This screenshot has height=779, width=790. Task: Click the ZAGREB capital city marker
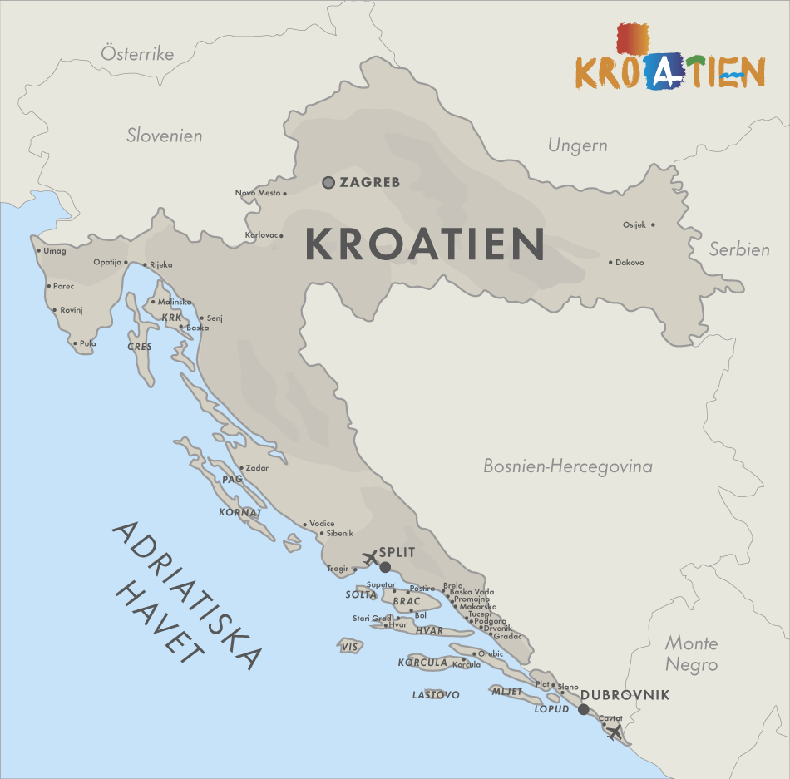click(328, 183)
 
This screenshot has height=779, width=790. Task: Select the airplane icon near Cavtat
click(614, 732)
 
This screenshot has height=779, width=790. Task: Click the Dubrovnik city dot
click(584, 709)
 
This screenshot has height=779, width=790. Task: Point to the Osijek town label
click(634, 224)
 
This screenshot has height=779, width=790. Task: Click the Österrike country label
click(137, 54)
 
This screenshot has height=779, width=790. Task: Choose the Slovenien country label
click(165, 136)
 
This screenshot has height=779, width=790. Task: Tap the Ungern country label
click(577, 145)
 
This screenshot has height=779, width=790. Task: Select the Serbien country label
click(738, 249)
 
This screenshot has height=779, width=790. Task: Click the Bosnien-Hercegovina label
click(568, 466)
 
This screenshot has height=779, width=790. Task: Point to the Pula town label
click(88, 343)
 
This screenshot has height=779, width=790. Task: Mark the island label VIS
click(350, 647)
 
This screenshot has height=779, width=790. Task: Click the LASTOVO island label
click(436, 695)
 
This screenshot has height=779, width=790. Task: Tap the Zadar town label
click(257, 468)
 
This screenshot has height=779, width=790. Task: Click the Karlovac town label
click(261, 235)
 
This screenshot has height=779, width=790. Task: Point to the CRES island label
click(140, 347)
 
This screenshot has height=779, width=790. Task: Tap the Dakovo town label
click(630, 263)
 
